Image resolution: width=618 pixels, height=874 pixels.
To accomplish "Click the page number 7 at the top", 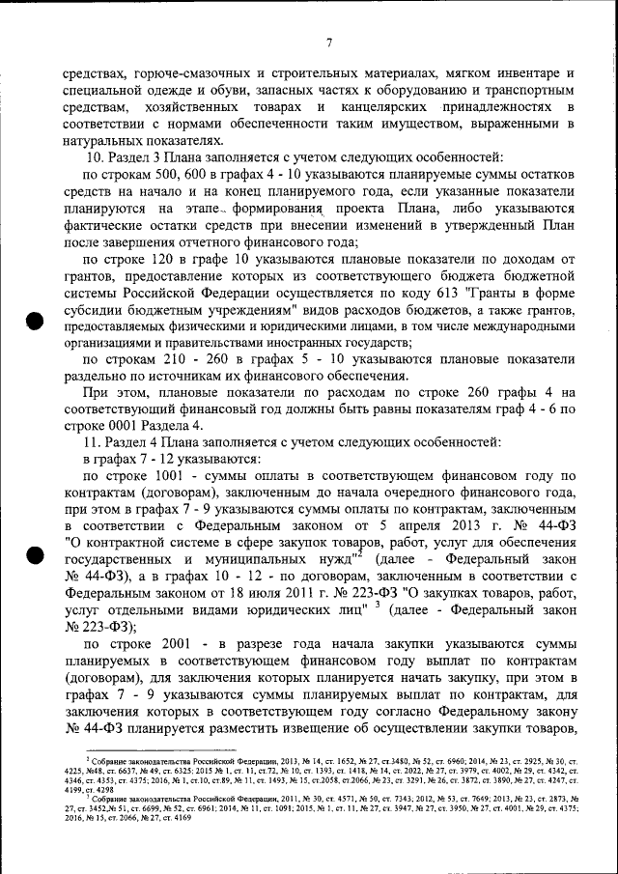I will [329, 42].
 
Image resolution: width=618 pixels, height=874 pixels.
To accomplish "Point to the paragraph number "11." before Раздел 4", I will [97, 440].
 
